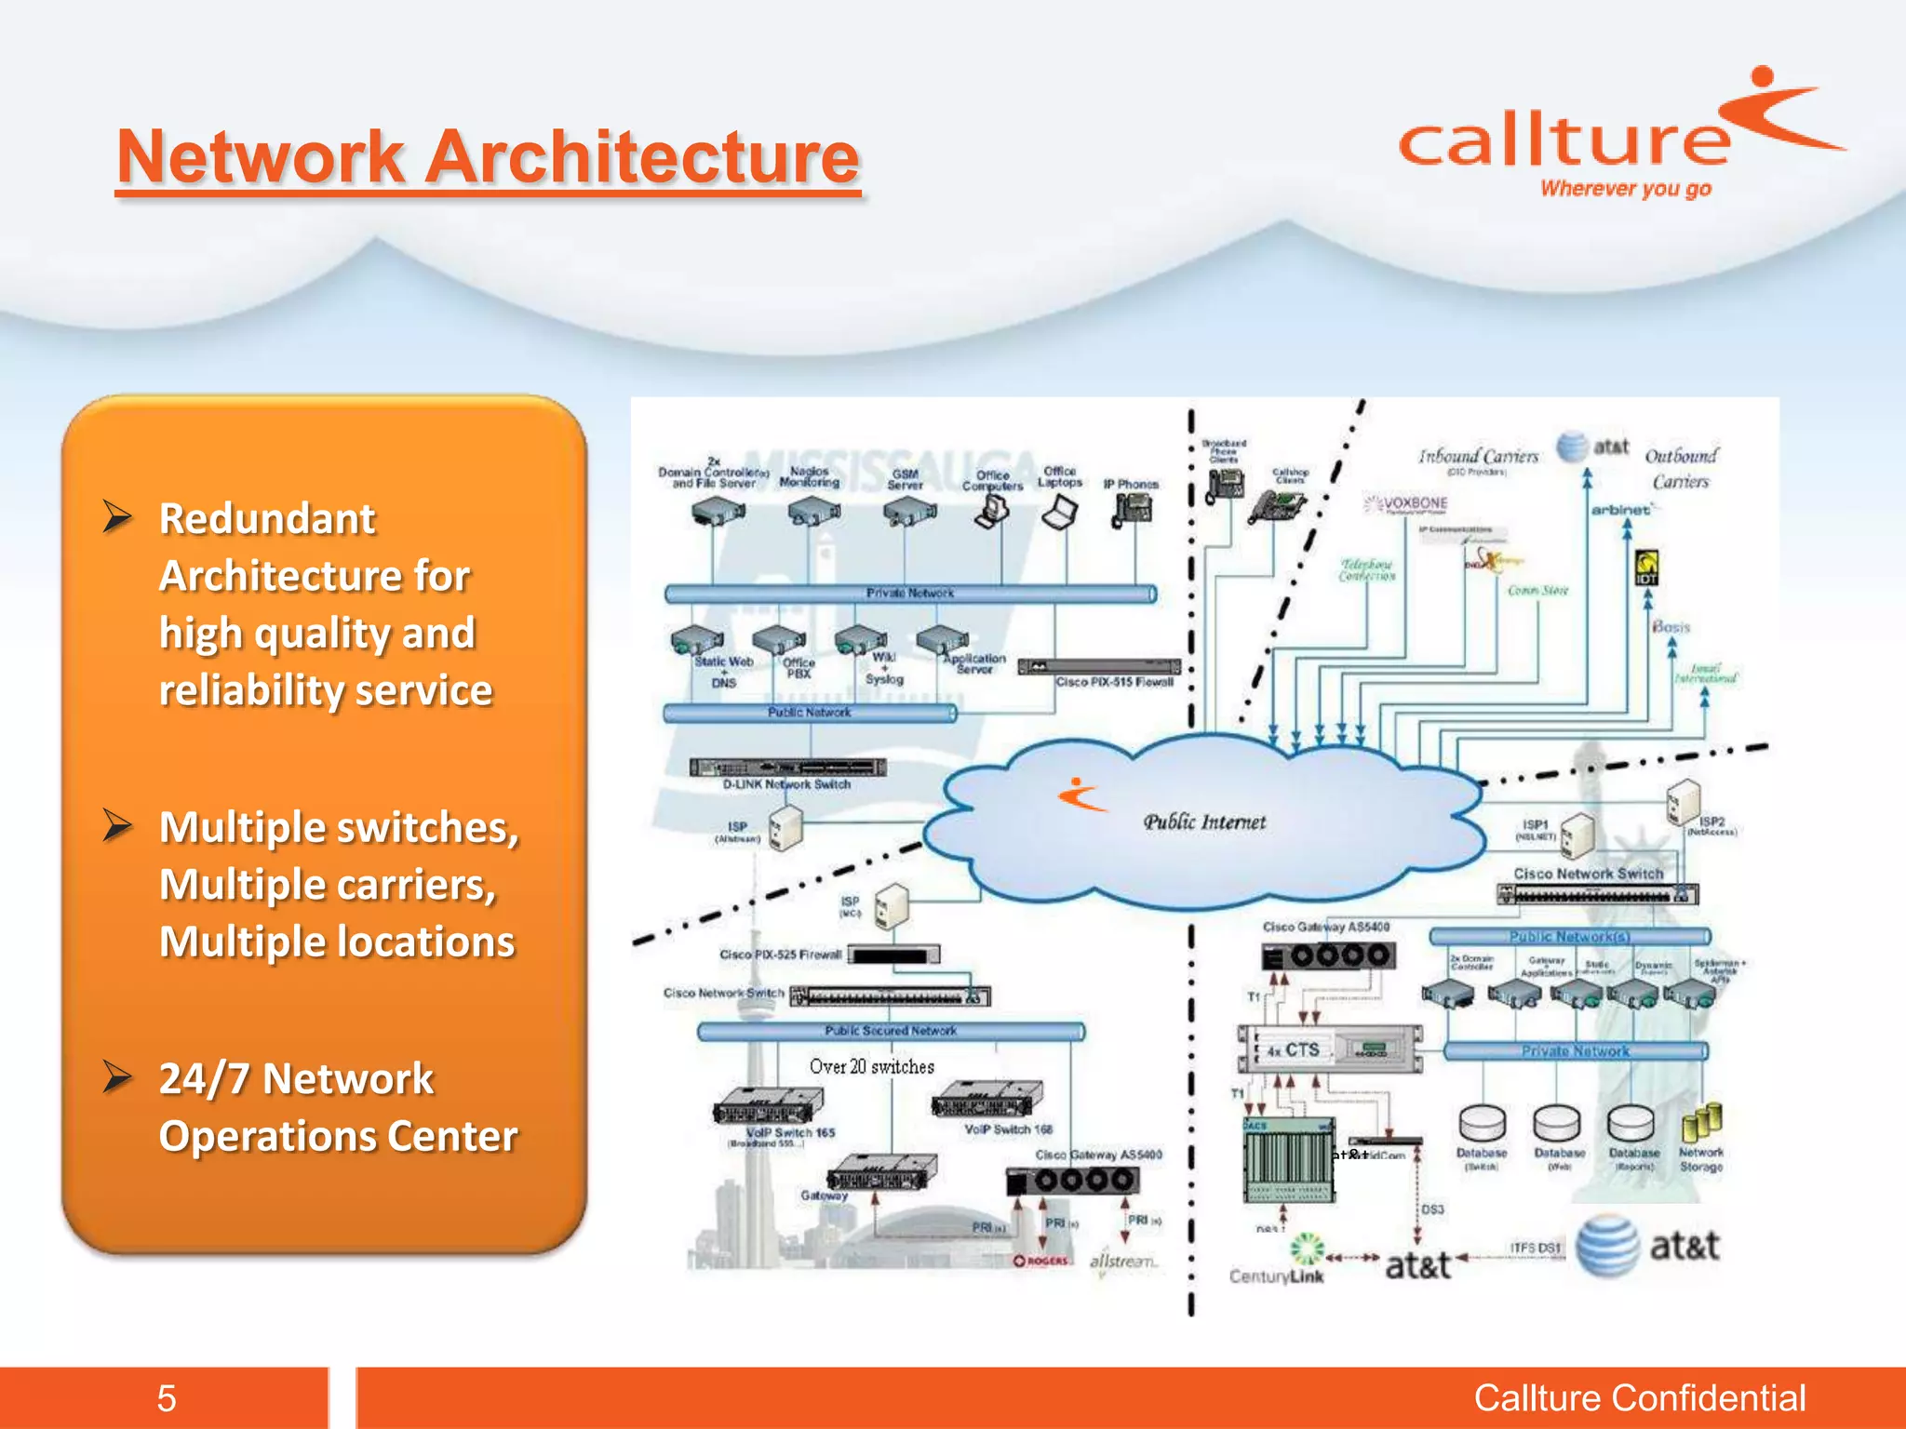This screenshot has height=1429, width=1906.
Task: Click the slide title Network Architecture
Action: click(488, 156)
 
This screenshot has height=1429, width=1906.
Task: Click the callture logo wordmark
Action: click(1564, 141)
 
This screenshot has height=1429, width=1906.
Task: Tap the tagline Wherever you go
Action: click(1625, 189)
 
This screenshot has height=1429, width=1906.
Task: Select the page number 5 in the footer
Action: click(167, 1398)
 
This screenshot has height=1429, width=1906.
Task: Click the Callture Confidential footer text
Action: click(1639, 1398)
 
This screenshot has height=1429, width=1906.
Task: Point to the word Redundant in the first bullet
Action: click(267, 518)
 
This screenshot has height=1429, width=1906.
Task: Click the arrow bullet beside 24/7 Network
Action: click(117, 1076)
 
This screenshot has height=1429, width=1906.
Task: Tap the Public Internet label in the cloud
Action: click(1204, 822)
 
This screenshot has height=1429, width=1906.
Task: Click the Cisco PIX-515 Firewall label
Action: click(1114, 682)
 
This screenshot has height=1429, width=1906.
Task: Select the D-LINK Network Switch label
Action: click(786, 784)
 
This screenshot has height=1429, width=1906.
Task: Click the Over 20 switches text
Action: click(871, 1067)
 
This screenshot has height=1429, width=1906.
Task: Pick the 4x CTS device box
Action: click(1329, 1049)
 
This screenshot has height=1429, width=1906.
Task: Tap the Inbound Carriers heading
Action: click(1478, 457)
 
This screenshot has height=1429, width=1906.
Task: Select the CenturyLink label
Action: click(1276, 1276)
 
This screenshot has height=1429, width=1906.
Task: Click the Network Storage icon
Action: click(1701, 1124)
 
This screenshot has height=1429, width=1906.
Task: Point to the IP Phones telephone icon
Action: click(1132, 509)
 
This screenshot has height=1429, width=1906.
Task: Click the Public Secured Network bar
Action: click(891, 1031)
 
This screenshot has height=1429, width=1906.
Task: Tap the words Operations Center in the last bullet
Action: click(338, 1136)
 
